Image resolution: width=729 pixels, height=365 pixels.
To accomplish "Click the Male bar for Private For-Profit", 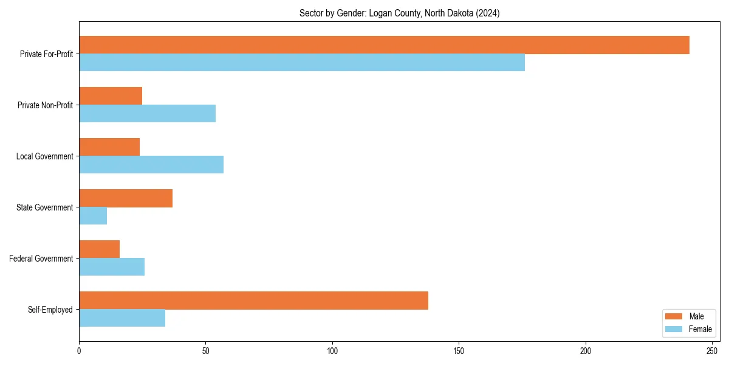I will coord(384,45).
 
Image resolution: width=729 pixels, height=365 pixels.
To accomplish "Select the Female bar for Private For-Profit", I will coord(302,63).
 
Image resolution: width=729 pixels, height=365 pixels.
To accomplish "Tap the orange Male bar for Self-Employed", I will coord(253,301).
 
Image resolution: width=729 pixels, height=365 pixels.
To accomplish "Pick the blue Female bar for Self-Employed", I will coord(122,318).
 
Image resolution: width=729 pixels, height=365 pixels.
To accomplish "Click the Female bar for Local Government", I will coord(151,165).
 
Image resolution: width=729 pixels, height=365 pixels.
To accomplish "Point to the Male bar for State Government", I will coord(126,198).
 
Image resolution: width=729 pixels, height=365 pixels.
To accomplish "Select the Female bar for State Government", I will coord(93,216).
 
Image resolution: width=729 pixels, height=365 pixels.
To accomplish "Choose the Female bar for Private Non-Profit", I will coord(147,114).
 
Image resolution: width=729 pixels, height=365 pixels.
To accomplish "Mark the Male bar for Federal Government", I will coord(99,249).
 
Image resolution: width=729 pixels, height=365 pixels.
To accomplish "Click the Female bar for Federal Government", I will coord(112,267).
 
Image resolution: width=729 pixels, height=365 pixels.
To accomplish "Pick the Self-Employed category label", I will coord(50,310).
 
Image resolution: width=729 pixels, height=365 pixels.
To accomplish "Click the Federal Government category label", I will coord(41,259).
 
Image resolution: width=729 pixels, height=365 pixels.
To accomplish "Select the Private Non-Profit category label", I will coord(45,105).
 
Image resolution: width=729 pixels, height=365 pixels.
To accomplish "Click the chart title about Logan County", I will coord(399,13).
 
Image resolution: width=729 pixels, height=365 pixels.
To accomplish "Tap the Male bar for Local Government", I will coord(109,147).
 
